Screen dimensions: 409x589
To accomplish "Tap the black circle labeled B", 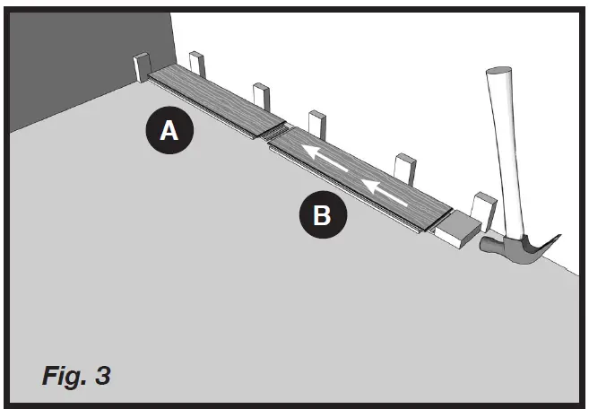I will tap(320, 214).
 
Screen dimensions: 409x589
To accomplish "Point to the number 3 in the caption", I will tap(103, 374).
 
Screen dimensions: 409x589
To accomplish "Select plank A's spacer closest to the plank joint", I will tap(261, 98).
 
